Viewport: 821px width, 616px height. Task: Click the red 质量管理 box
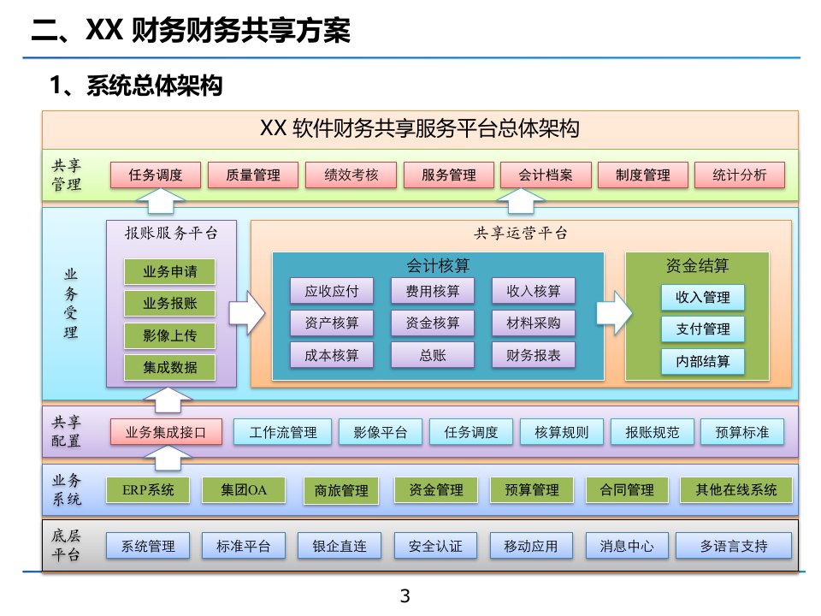click(253, 175)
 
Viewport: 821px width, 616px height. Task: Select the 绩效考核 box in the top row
click(351, 175)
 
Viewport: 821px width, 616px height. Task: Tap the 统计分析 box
click(739, 175)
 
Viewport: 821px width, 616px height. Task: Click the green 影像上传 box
click(169, 335)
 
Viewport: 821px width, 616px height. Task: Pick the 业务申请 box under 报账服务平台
click(169, 272)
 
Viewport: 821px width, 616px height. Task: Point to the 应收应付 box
click(332, 291)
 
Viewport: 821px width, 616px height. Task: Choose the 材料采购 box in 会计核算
click(534, 323)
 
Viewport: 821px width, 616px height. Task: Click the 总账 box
click(433, 355)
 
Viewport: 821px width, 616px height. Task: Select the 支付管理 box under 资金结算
click(703, 329)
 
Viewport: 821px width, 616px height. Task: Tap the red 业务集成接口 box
click(166, 432)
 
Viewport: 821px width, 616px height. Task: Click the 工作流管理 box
click(283, 432)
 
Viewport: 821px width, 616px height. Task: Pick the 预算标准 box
click(742, 432)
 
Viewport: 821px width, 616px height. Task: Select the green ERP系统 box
click(148, 490)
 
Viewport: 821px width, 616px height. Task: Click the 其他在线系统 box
click(736, 490)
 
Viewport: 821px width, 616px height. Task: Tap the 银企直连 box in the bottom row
click(340, 546)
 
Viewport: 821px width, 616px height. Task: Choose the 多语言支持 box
click(734, 546)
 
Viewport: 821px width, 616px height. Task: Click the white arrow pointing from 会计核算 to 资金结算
click(615, 313)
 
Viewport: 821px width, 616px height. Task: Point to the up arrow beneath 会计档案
click(521, 200)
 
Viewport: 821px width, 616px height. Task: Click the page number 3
click(405, 595)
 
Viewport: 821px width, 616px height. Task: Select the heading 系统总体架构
click(155, 86)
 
